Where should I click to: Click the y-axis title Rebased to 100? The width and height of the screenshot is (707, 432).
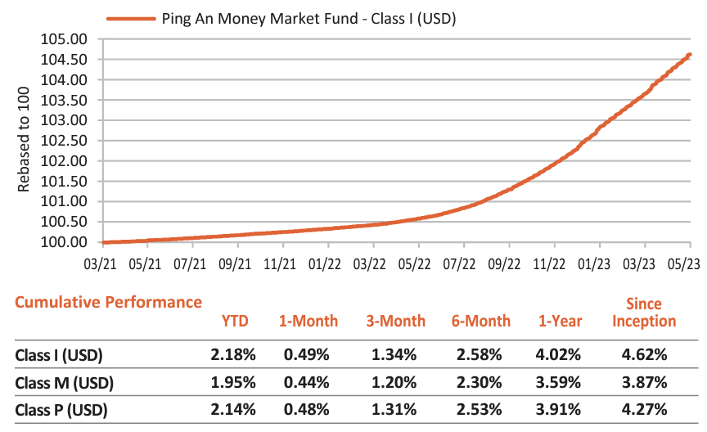point(24,142)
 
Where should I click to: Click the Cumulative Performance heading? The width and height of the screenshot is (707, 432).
point(108,302)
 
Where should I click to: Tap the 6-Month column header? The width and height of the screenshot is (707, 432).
point(481,321)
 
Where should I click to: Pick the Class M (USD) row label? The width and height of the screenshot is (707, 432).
point(64,383)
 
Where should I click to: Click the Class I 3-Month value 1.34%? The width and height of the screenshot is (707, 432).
point(396,355)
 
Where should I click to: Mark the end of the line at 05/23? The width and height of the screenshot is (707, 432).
point(690,55)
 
